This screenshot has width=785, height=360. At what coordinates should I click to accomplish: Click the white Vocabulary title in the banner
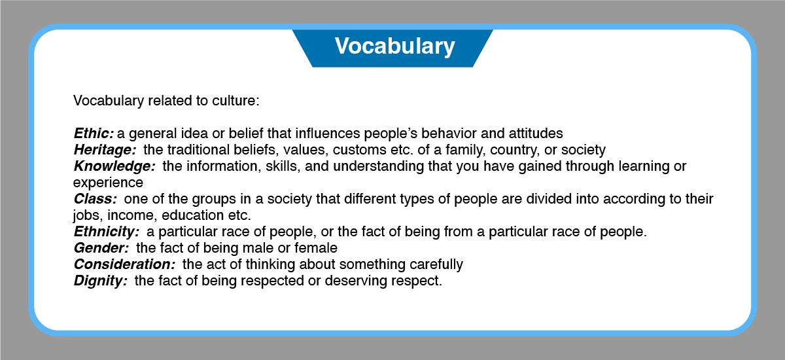[394, 46]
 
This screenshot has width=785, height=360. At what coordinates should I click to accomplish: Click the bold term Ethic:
[94, 134]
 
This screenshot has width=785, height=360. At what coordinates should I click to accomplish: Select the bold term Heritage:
[105, 151]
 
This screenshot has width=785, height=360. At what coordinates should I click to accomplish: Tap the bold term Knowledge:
[114, 166]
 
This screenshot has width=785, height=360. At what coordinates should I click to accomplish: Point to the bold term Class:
[96, 199]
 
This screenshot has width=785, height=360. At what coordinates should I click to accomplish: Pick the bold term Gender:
[101, 248]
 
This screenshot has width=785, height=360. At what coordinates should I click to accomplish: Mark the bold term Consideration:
[124, 264]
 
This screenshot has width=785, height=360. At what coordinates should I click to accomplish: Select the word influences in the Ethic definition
[328, 134]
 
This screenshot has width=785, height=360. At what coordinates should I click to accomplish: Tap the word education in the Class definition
[192, 215]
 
